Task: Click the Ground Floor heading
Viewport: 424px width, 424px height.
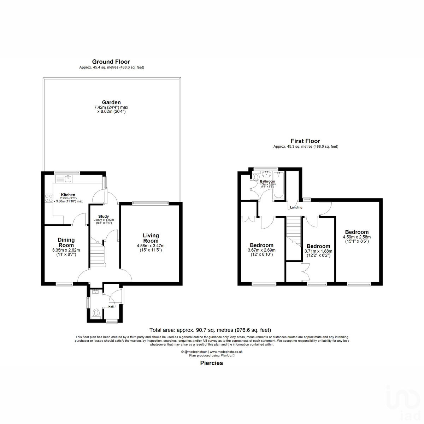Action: pyautogui.click(x=111, y=62)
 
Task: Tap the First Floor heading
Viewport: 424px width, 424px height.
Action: pyautogui.click(x=305, y=141)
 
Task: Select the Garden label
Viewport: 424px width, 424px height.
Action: pyautogui.click(x=112, y=102)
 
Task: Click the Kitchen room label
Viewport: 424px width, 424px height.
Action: pyautogui.click(x=68, y=195)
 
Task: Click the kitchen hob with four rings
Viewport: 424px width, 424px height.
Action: pyautogui.click(x=48, y=198)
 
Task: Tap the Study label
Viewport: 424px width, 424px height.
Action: pyautogui.click(x=103, y=216)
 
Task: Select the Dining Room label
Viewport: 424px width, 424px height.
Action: pyautogui.click(x=66, y=242)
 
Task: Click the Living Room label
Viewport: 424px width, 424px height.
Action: pyautogui.click(x=151, y=238)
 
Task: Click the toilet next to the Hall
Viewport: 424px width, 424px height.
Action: pyautogui.click(x=95, y=313)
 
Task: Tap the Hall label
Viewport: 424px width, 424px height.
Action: pyautogui.click(x=111, y=307)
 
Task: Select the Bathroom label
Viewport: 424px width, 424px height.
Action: pyautogui.click(x=267, y=181)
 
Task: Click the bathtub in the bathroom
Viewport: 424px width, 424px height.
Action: pyautogui.click(x=279, y=185)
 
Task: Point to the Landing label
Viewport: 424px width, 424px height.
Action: pyautogui.click(x=296, y=207)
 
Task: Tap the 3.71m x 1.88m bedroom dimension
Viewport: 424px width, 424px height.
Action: pyautogui.click(x=318, y=251)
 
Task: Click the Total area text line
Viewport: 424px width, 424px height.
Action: pyautogui.click(x=210, y=330)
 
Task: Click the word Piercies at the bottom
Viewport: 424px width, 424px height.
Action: pyautogui.click(x=211, y=363)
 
